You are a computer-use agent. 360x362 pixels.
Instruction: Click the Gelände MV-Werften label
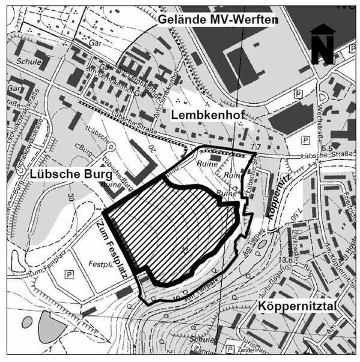pyautogui.click(x=218, y=20)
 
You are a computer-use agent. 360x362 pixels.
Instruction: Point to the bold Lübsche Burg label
pyautogui.click(x=70, y=174)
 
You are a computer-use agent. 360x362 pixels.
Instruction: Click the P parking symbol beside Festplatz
pyautogui.click(x=69, y=274)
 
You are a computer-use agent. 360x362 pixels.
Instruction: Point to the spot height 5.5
pyautogui.click(x=326, y=147)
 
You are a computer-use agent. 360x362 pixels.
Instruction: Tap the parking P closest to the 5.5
pyautogui.click(x=305, y=140)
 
